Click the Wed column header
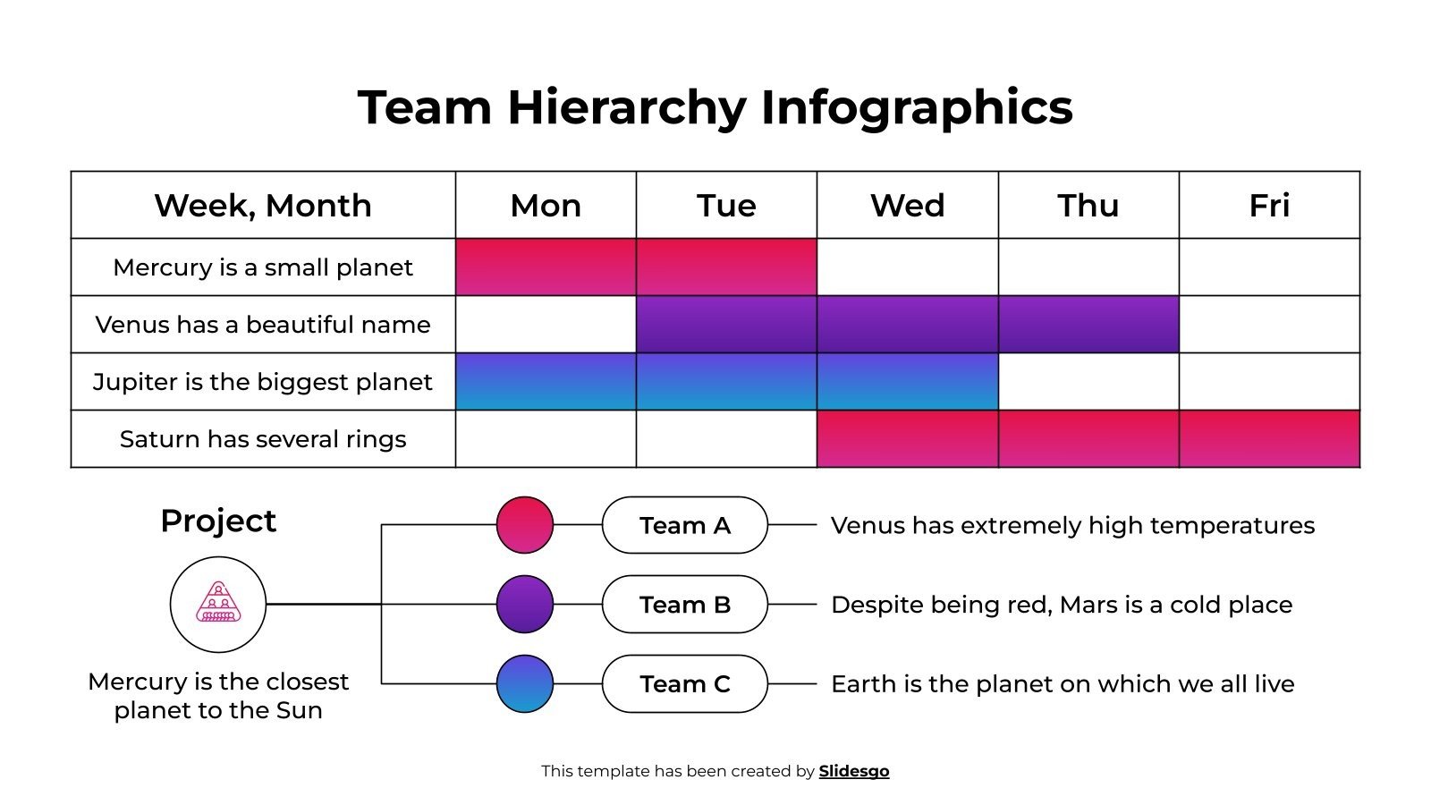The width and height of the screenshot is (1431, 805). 907,206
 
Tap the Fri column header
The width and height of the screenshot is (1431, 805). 1268,206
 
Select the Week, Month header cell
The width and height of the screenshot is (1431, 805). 263,206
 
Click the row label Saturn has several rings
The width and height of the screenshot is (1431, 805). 263,439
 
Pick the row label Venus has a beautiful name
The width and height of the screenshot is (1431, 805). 263,325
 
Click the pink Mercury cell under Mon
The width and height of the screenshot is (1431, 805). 546,267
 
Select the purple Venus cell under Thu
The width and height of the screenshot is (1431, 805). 1088,325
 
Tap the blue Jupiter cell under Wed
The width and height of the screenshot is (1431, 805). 907,382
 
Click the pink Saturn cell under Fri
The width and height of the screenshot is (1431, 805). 1268,439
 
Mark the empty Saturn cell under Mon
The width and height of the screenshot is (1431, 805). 546,439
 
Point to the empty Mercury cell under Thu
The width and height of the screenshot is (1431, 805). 1088,267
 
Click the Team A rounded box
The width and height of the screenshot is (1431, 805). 685,525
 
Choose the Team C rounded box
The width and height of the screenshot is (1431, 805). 685,684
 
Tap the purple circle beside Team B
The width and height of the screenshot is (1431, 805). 525,605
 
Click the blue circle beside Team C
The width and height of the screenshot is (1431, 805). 525,684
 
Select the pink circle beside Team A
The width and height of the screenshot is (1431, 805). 525,525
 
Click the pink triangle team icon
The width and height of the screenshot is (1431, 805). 218,604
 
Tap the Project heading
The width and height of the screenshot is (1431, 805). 218,521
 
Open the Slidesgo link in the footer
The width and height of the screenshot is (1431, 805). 853,771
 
